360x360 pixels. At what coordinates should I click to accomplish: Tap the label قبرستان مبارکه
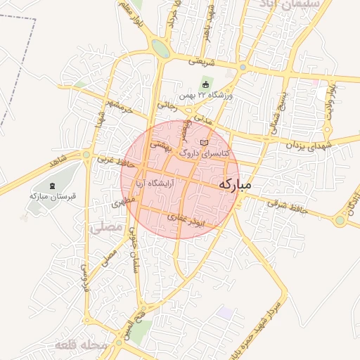[52, 195]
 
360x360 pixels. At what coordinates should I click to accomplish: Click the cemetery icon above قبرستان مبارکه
[52, 185]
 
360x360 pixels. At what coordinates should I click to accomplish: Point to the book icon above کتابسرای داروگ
[205, 142]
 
